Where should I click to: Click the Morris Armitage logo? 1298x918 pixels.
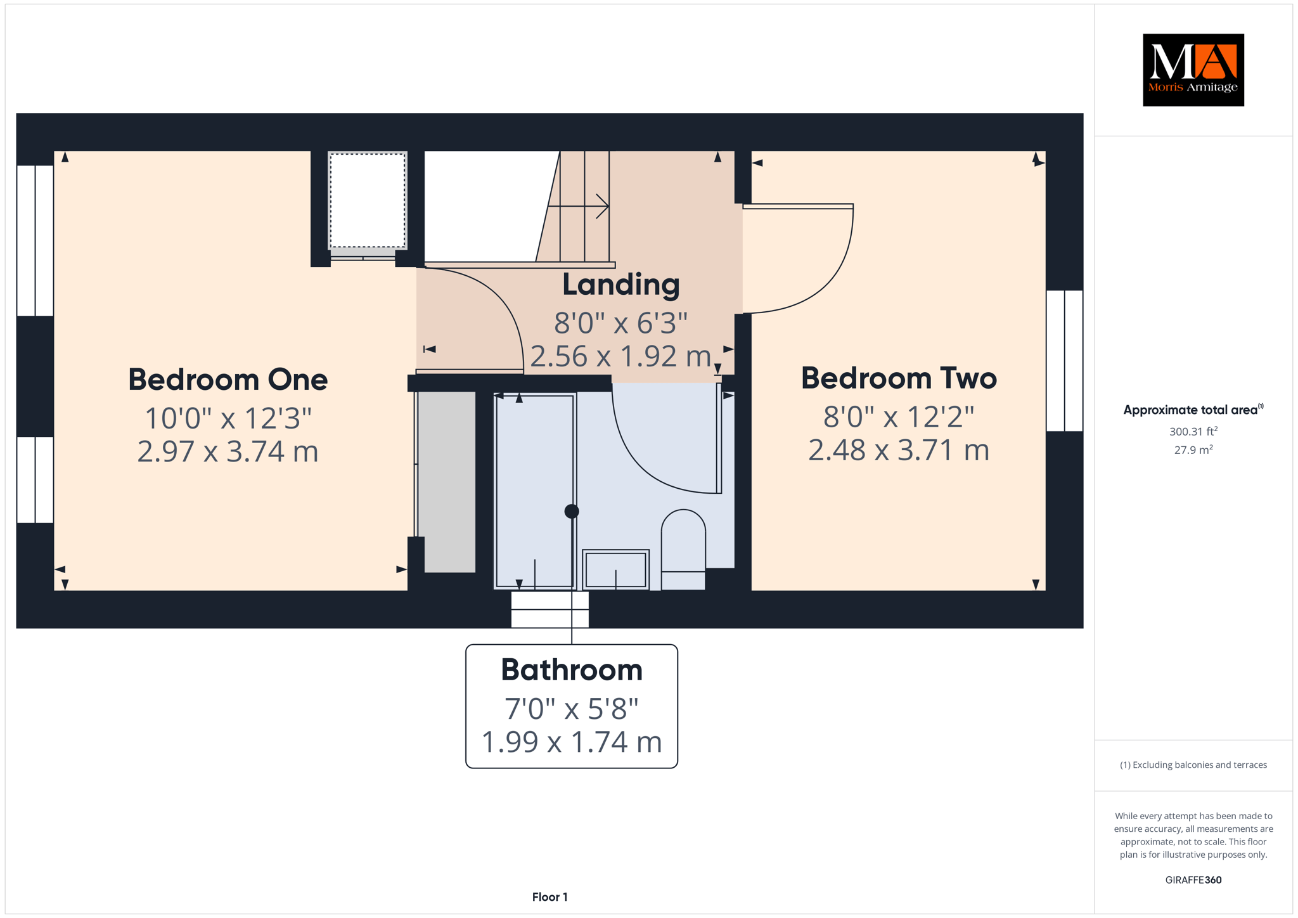pos(1193,70)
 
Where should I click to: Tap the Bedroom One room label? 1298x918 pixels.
pos(228,380)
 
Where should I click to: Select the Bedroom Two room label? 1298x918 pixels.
pos(899,378)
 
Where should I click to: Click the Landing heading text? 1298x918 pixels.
pos(621,285)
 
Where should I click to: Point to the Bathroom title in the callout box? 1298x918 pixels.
pos(572,670)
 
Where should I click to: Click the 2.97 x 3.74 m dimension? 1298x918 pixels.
pos(228,451)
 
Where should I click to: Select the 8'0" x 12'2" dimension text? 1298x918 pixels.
pos(899,417)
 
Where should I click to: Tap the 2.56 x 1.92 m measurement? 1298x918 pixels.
pos(620,356)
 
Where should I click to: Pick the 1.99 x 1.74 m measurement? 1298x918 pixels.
pos(572,742)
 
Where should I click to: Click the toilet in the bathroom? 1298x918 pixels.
pos(683,549)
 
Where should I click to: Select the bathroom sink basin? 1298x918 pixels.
pos(615,569)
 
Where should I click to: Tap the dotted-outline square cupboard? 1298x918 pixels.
pos(368,200)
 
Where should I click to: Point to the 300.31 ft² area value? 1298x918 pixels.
pos(1193,432)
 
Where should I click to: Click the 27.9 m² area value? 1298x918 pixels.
pos(1193,450)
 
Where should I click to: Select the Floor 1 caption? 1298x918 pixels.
pos(550,897)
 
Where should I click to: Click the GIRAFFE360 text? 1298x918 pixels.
pos(1193,880)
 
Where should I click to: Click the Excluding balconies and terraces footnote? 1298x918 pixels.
pos(1193,765)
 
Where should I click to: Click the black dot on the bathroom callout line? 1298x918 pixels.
pos(572,511)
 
